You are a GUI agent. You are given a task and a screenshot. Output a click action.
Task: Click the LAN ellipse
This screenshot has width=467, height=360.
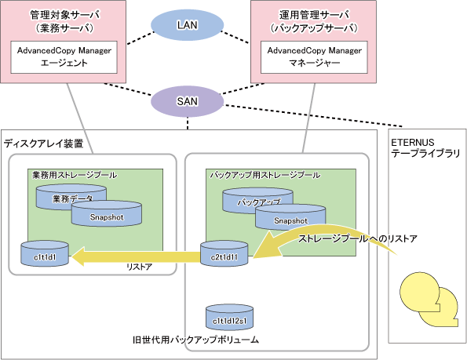pyautogui.click(x=187, y=25)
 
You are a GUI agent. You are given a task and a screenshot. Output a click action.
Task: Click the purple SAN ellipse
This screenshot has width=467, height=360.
pyautogui.click(x=187, y=101)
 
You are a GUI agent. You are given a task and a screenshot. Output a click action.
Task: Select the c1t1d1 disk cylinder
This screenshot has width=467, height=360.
pyautogui.click(x=45, y=253)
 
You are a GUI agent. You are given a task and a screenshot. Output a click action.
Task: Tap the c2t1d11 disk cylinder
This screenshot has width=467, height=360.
pyautogui.click(x=224, y=253)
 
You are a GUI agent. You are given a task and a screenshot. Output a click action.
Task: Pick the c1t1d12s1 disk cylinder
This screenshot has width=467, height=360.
pyautogui.click(x=230, y=317)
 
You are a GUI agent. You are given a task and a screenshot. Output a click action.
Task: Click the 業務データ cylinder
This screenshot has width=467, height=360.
pyautogui.click(x=71, y=196)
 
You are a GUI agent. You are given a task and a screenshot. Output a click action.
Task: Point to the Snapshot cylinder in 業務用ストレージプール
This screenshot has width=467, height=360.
pyautogui.click(x=106, y=213)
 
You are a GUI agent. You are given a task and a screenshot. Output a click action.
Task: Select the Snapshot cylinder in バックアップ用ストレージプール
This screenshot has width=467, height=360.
pyautogui.click(x=290, y=218)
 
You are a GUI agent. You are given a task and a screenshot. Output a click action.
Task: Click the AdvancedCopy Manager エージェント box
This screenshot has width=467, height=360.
pyautogui.click(x=64, y=57)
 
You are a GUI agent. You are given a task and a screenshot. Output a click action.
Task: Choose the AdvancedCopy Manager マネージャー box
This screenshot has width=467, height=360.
pyautogui.click(x=314, y=57)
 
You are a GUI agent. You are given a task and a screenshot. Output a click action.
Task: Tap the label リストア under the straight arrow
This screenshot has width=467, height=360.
pyautogui.click(x=140, y=267)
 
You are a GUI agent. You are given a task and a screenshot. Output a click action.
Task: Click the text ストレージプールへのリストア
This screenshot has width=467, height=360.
pyautogui.click(x=358, y=238)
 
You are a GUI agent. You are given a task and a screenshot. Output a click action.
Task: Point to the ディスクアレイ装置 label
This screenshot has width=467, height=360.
pyautogui.click(x=43, y=144)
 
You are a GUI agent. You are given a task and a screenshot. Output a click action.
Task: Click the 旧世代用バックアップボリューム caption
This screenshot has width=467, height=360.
pyautogui.click(x=195, y=340)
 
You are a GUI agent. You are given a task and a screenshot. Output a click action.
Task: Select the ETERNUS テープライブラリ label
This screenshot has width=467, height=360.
pyautogui.click(x=426, y=148)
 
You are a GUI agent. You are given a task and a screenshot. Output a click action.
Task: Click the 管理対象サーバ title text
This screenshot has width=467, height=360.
pyautogui.click(x=65, y=15)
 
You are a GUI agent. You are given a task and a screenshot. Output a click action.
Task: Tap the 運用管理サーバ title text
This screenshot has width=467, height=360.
pyautogui.click(x=314, y=15)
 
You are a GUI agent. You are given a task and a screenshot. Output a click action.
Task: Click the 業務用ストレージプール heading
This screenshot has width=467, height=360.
pyautogui.click(x=75, y=175)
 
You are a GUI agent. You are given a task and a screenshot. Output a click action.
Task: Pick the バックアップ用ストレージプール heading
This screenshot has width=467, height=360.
pyautogui.click(x=265, y=175)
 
